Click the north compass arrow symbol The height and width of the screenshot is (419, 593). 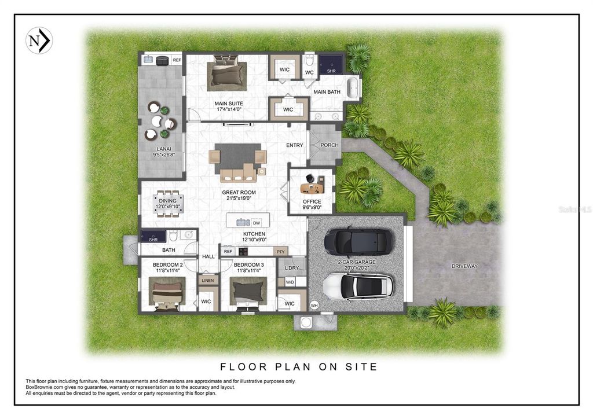coord(39,41)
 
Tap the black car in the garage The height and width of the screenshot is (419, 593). coord(357,241)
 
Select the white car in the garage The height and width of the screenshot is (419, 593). coord(357,286)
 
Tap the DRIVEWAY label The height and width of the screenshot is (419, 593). coord(464,266)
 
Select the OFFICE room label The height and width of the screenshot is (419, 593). coord(312,202)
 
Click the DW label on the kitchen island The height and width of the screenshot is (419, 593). coord(257,223)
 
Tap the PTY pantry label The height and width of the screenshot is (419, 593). coord(280,252)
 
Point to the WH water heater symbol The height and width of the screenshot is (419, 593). coord(314,305)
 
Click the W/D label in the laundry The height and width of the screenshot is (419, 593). coord(290,282)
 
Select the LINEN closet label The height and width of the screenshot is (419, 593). coord(207,281)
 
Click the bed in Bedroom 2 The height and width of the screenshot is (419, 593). coord(167,293)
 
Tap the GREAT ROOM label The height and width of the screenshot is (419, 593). coord(239,193)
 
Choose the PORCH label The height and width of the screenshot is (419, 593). coord(330,145)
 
